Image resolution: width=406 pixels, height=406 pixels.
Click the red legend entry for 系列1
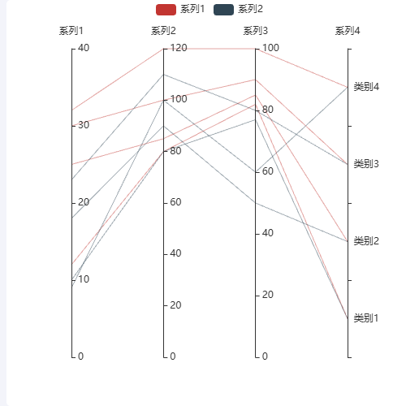(180, 10)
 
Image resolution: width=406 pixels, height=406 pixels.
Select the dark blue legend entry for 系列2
(238, 10)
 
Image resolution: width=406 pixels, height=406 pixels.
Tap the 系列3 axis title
(255, 31)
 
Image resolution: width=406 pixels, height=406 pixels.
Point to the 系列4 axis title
(348, 31)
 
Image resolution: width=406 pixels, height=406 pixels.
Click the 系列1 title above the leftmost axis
(71, 31)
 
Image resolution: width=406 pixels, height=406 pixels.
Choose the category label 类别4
(366, 87)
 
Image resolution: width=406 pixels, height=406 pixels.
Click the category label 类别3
(366, 164)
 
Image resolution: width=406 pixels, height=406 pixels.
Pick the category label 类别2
(366, 241)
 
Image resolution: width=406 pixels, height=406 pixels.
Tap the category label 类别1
(366, 318)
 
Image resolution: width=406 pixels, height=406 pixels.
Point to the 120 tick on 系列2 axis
(179, 48)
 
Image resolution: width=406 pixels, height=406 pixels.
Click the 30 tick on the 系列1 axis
(84, 125)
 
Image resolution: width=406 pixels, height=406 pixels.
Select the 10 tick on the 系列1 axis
(84, 279)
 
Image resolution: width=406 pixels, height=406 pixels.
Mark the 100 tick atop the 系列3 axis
(270, 48)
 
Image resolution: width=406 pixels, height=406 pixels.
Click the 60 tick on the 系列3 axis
(268, 171)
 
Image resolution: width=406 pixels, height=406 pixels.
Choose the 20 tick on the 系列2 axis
(175, 305)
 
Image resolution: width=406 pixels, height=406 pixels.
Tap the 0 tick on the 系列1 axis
(80, 356)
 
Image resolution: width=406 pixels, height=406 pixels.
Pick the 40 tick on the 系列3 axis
(268, 233)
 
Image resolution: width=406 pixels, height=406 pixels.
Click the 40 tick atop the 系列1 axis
(84, 48)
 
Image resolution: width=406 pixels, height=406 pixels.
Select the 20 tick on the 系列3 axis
(268, 295)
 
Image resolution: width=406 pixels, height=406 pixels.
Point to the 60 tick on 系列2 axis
(175, 202)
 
